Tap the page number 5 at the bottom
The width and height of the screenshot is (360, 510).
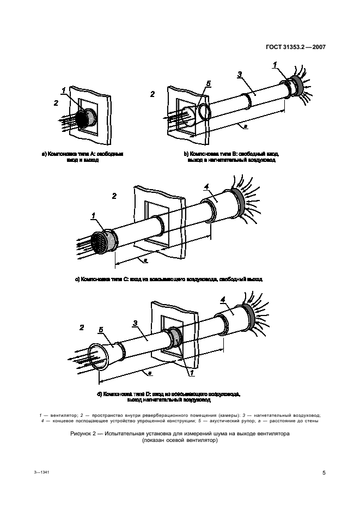point(324,472)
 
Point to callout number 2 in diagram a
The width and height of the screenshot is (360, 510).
point(56,102)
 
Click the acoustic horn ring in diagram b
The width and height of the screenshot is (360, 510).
point(205,112)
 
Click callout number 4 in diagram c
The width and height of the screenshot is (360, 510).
point(206,188)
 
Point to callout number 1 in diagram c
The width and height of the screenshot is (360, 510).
point(93,216)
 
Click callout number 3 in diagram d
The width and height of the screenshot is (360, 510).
point(135,323)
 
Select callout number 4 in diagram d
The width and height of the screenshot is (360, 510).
point(223,299)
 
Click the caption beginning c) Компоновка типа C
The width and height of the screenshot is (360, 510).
point(169,279)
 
